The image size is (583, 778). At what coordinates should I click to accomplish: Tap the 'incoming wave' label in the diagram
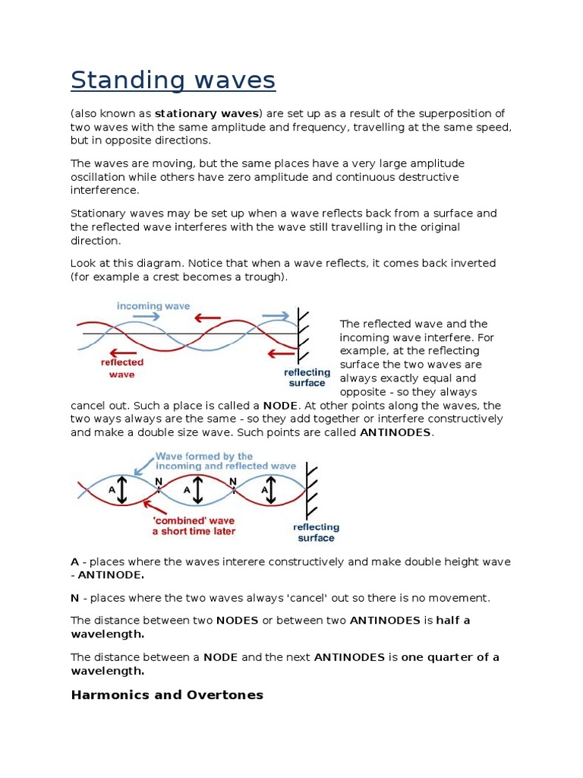coord(153,305)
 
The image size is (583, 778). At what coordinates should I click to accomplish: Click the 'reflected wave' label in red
coord(122,368)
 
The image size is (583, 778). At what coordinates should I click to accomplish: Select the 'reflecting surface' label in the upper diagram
coord(307,378)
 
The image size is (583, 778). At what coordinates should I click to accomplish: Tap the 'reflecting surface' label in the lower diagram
coord(317,532)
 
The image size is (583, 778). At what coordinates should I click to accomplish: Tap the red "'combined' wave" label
coord(194,526)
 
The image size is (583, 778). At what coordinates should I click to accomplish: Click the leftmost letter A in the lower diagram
coord(112,490)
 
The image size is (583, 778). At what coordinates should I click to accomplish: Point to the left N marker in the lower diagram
coord(158,481)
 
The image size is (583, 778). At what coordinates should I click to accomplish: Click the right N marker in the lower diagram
coord(233,481)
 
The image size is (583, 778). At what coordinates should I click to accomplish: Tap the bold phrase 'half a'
coord(453,620)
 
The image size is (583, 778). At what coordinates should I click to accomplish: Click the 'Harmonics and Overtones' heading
coord(167,694)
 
